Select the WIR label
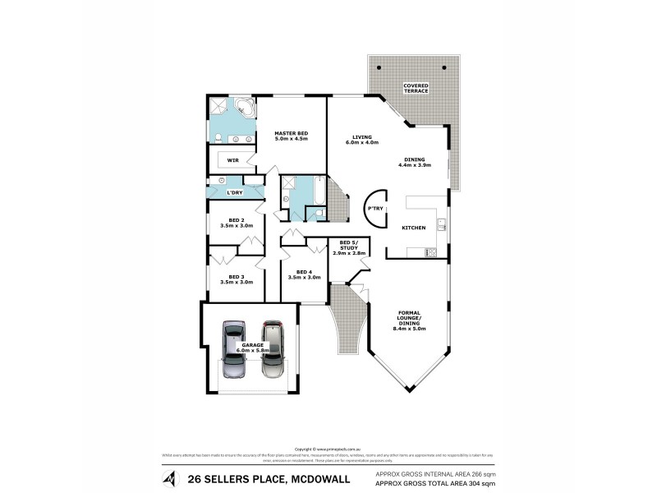tap(232, 160)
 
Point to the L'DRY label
tap(234, 192)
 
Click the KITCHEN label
tap(413, 227)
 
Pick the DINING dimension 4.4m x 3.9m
tap(415, 165)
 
